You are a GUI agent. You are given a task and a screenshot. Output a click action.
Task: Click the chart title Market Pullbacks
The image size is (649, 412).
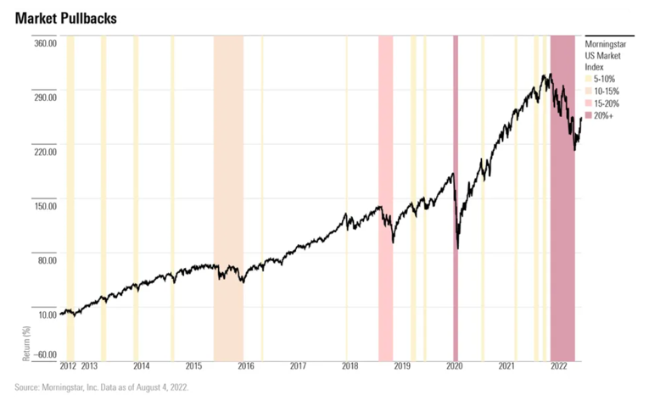click(x=64, y=18)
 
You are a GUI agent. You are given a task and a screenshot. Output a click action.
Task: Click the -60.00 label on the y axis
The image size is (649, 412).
click(x=44, y=355)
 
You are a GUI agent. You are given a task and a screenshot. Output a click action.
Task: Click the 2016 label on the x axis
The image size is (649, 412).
click(x=246, y=366)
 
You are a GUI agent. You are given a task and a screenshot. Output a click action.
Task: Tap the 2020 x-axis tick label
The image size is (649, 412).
click(x=455, y=366)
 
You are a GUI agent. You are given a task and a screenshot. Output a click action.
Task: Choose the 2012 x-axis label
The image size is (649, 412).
click(x=69, y=366)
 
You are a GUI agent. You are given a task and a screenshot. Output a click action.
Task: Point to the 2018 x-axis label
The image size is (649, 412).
click(x=350, y=366)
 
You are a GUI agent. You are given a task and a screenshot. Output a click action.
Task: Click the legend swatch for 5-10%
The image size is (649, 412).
click(x=590, y=80)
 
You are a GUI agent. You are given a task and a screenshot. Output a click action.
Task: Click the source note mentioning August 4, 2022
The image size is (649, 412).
click(x=102, y=387)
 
